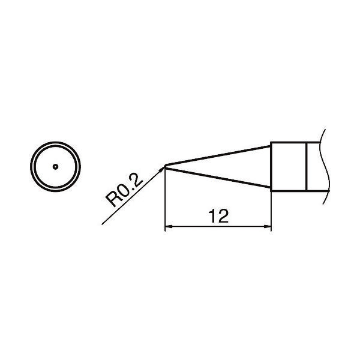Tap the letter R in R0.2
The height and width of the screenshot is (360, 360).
(x=112, y=200)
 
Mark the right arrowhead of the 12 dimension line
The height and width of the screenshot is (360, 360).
(x=266, y=227)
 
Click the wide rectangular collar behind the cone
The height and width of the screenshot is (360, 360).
(x=289, y=166)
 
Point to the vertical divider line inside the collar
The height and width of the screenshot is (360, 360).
(x=307, y=166)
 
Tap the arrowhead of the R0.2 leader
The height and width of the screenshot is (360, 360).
(x=161, y=170)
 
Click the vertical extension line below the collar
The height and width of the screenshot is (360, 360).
(x=271, y=210)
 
